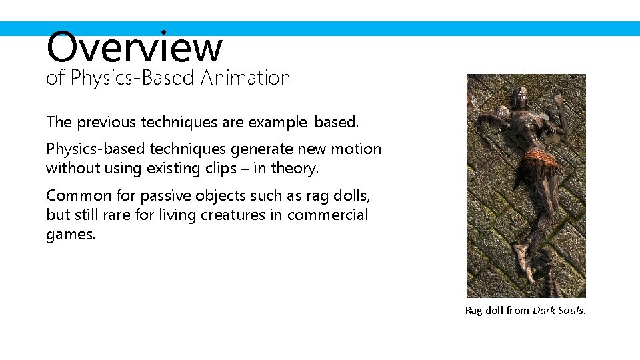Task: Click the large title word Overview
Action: click(134, 47)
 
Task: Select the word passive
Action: click(165, 195)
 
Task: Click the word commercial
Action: click(327, 215)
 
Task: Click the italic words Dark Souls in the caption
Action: click(559, 310)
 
